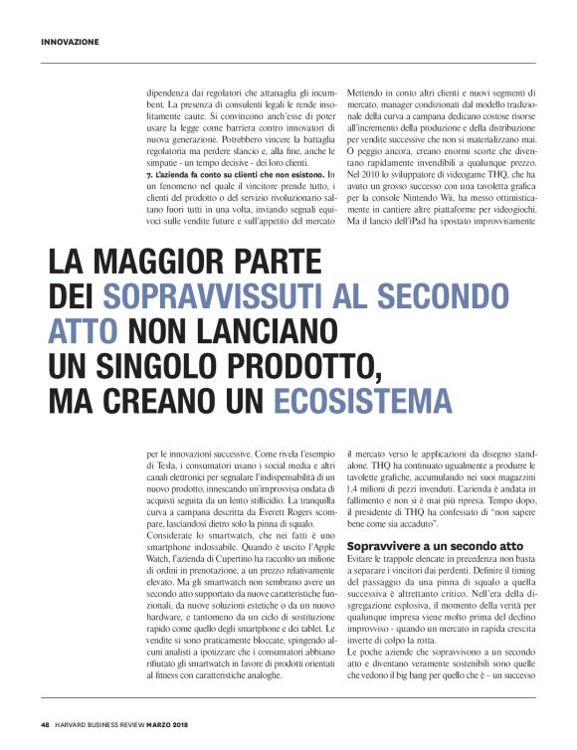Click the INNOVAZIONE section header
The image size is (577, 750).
pos(71,42)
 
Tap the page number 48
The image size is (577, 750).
pos(46,723)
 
